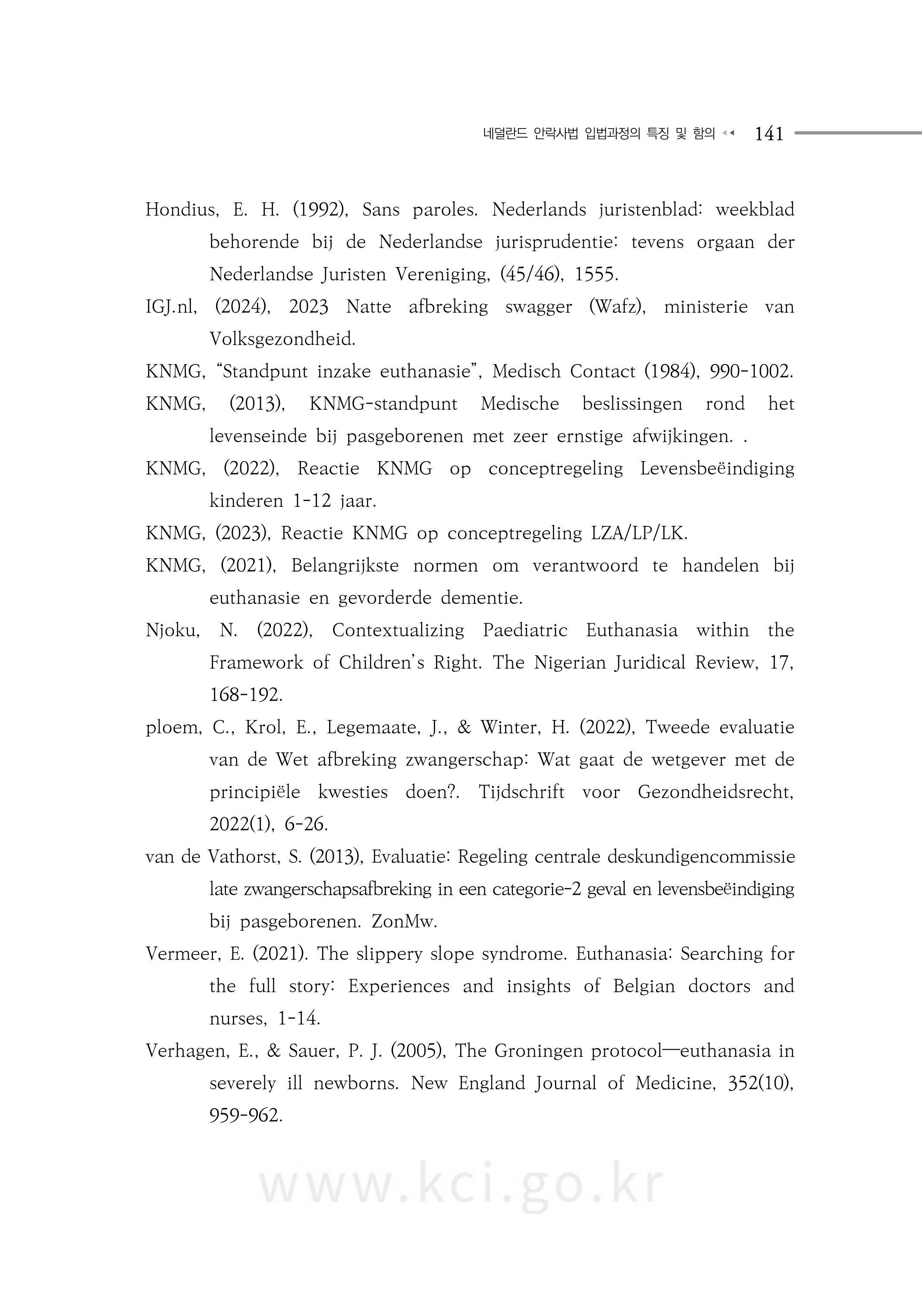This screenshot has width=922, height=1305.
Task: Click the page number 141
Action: pyautogui.click(x=768, y=134)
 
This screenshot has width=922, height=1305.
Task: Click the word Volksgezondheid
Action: pyautogui.click(x=282, y=340)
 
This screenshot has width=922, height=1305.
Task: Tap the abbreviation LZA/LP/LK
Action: pyautogui.click(x=639, y=534)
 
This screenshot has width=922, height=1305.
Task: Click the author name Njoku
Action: pyautogui.click(x=172, y=630)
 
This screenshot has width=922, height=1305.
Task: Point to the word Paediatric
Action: pyautogui.click(x=525, y=630)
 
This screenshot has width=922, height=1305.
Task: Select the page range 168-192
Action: pyautogui.click(x=245, y=695)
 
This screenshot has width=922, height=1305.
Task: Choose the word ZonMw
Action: pyautogui.click(x=404, y=921)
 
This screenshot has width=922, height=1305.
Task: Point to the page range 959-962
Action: pyautogui.click(x=245, y=1116)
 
